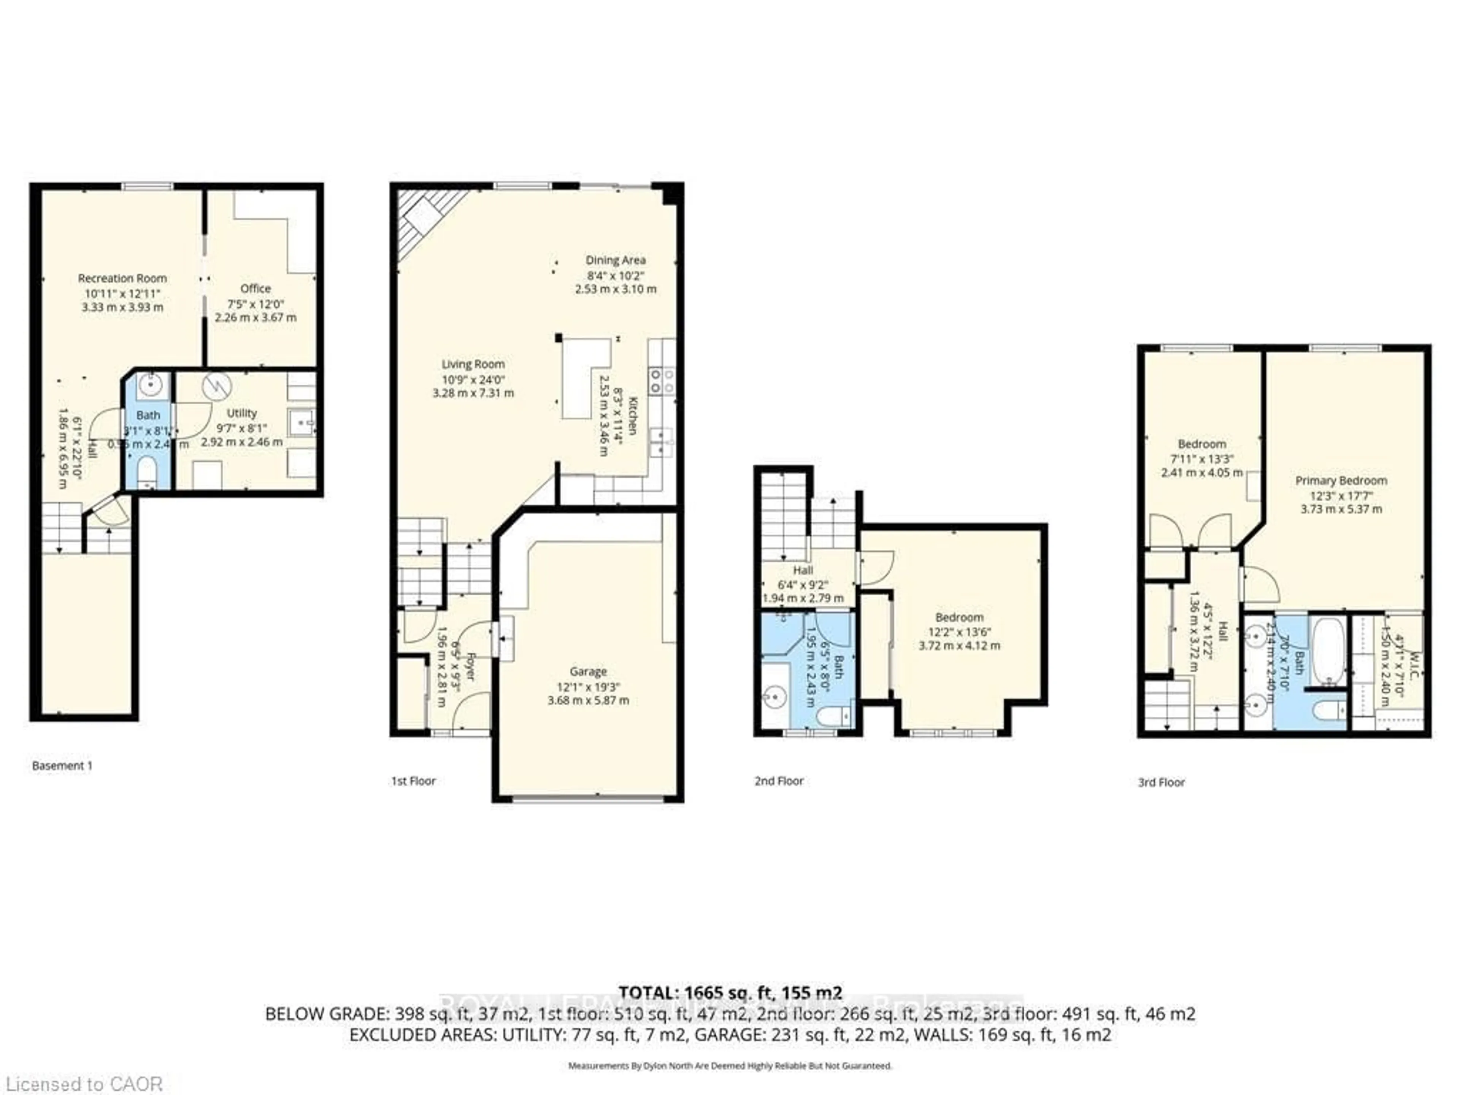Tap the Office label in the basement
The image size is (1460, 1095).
[255, 289]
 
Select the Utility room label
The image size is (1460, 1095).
[241, 413]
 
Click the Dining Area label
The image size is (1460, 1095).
[615, 260]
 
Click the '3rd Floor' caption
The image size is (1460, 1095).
[1161, 782]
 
